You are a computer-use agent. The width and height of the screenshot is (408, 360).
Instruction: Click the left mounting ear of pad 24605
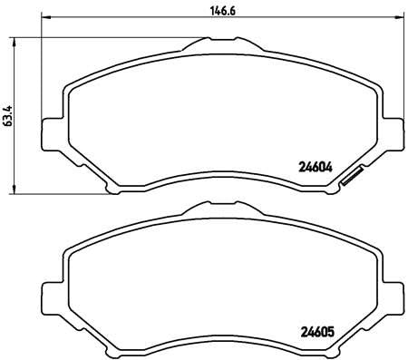click(53, 289)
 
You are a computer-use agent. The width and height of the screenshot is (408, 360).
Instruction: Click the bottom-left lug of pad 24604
click(112, 188)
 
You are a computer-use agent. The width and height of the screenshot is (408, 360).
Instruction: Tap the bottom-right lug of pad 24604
click(319, 188)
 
